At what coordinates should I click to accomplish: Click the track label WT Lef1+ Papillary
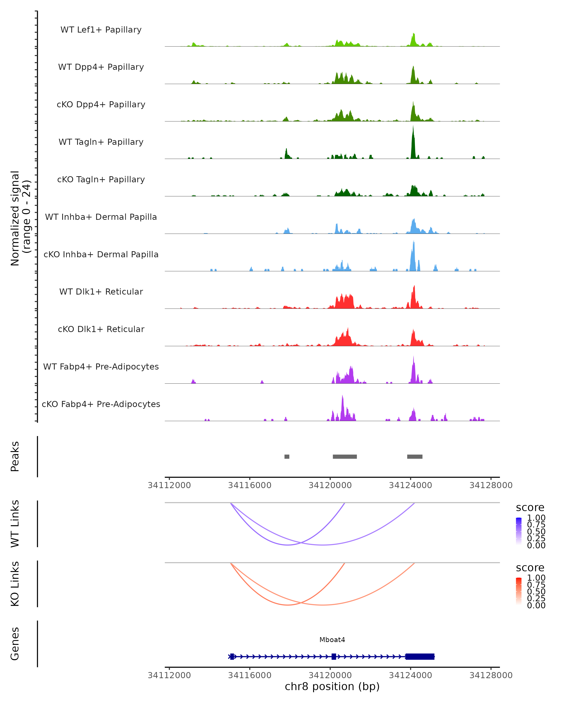pyautogui.click(x=101, y=30)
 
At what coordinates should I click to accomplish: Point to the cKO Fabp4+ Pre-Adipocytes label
pyautogui.click(x=101, y=404)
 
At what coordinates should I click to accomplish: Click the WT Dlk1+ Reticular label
pyautogui.click(x=101, y=292)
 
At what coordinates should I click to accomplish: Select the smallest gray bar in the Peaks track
pyautogui.click(x=287, y=456)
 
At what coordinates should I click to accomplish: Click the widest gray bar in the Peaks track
pyautogui.click(x=345, y=456)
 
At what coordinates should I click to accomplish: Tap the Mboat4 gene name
pyautogui.click(x=332, y=640)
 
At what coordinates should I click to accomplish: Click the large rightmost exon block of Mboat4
pyautogui.click(x=420, y=656)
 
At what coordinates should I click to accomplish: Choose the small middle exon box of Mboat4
pyautogui.click(x=334, y=656)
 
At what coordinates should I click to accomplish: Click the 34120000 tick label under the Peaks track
pyautogui.click(x=330, y=485)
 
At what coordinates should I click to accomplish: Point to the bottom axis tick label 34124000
pyautogui.click(x=410, y=675)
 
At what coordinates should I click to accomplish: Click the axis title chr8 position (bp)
pyautogui.click(x=332, y=687)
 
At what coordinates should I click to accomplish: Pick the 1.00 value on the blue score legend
pyautogui.click(x=536, y=517)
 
